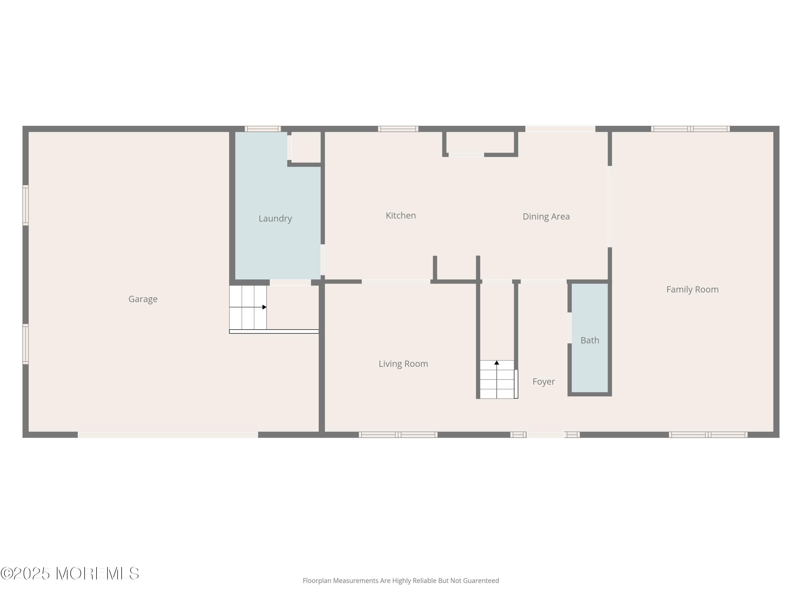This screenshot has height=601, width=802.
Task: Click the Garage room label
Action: (x=143, y=299)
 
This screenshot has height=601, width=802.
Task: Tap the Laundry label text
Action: (x=275, y=218)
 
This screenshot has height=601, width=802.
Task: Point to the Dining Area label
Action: (x=546, y=217)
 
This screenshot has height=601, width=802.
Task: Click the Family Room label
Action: (x=692, y=290)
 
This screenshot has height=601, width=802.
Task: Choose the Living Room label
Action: (x=403, y=364)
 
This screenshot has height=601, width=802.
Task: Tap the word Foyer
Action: (x=543, y=381)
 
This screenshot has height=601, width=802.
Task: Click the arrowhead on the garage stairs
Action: (x=264, y=307)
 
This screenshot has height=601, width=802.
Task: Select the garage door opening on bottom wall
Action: (x=168, y=434)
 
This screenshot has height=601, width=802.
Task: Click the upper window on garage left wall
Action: (x=26, y=205)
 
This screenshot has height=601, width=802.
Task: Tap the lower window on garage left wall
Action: (x=26, y=344)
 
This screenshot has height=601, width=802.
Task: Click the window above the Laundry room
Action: (x=263, y=128)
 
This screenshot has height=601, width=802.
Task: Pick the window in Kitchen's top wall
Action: (x=398, y=128)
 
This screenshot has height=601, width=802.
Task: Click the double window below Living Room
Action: (x=398, y=434)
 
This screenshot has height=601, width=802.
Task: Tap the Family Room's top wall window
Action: (x=690, y=128)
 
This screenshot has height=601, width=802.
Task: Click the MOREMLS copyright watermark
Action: (x=70, y=573)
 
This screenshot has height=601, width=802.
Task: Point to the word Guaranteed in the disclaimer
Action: (x=481, y=581)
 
